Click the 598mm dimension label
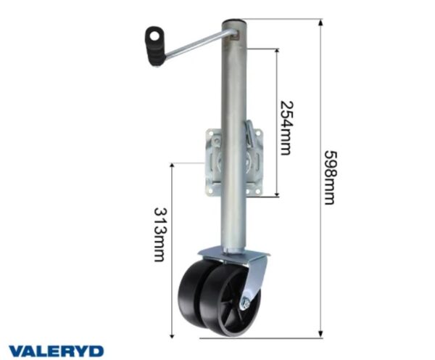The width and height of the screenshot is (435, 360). tap(331, 178)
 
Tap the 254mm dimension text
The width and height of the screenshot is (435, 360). tap(286, 128)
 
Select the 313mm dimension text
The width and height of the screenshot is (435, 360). tap(160, 234)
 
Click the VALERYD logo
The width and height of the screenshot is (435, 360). tap(56, 351)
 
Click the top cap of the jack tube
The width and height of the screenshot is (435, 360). tap(234, 22)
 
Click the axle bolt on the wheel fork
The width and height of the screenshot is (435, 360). tap(245, 303)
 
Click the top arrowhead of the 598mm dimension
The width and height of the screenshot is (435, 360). tap(320, 22)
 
